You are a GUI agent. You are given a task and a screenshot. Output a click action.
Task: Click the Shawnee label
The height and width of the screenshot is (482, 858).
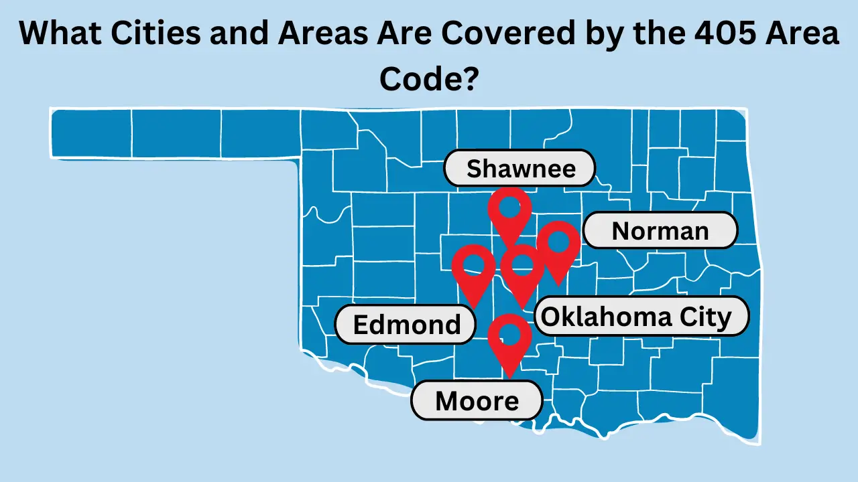520,168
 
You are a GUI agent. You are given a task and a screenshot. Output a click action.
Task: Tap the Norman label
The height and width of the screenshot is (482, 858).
660,231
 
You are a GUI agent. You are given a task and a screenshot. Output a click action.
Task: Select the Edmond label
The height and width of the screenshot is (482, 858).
406,325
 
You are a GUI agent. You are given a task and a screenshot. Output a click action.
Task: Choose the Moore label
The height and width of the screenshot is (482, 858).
477,401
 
